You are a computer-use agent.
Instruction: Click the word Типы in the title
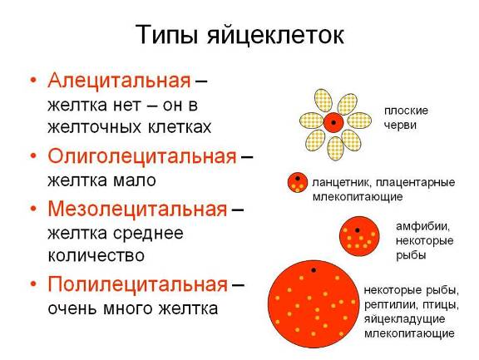pos(169,34)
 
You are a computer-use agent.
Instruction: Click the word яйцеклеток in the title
pos(276,35)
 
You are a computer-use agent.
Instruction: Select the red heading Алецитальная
pos(119,81)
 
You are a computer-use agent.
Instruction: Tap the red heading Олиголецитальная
pos(142,156)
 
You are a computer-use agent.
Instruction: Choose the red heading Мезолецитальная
pos(137,210)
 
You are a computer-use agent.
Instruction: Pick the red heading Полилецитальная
pos(138,284)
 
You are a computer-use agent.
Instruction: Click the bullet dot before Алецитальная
pos(33,81)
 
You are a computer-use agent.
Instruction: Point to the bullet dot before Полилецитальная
pos(33,284)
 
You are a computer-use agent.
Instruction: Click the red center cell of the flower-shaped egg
pos(333,122)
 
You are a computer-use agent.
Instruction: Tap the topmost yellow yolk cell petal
pos(323,101)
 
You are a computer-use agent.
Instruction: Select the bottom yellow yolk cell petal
pos(335,148)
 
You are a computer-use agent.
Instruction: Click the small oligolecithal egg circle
pos(297,183)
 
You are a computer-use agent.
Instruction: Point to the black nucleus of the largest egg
pos(314,270)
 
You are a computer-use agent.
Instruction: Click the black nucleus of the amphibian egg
pos(357,230)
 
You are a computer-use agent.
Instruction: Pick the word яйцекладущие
pos(404,319)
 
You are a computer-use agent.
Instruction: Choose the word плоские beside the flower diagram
pos(406,111)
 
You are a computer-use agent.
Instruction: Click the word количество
pos(96,256)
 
